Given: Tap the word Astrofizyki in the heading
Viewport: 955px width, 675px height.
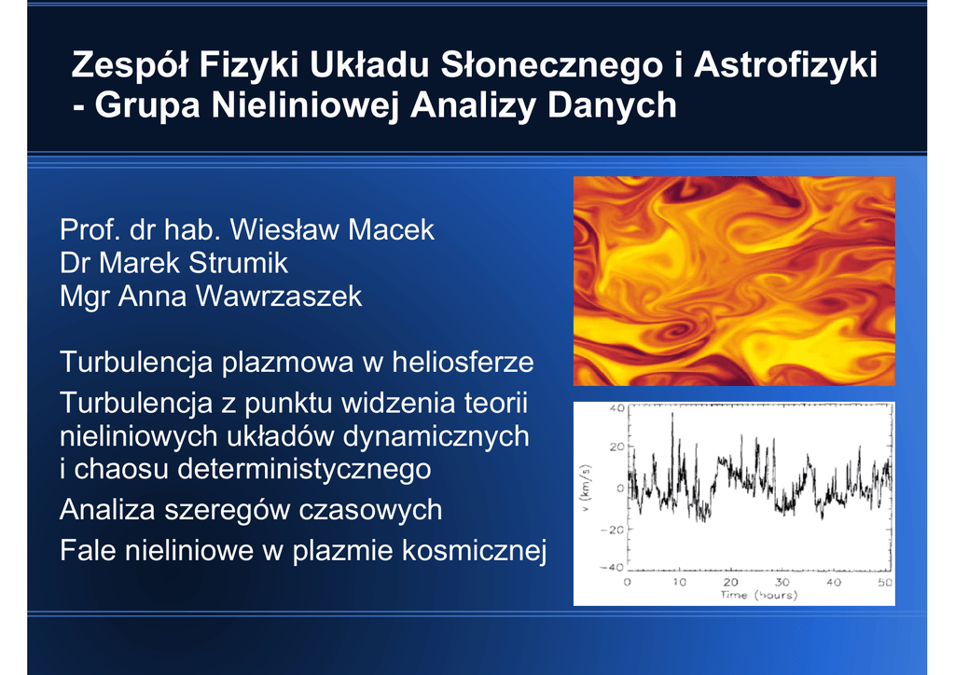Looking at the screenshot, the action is click(x=785, y=64).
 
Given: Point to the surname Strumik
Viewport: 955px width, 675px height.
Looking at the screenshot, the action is click(x=238, y=263).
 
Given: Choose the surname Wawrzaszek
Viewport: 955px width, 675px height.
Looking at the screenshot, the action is click(x=279, y=296).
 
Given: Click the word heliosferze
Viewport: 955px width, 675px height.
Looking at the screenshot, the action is click(x=463, y=362).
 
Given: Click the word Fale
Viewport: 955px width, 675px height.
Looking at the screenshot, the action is click(x=88, y=550).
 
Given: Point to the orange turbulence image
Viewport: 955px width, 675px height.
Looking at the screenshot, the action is click(x=734, y=282).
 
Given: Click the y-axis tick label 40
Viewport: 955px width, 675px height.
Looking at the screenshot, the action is click(x=617, y=408).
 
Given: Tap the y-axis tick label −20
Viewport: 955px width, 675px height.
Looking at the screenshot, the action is click(x=613, y=530).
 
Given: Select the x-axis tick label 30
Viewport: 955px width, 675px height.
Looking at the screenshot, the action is click(x=782, y=583).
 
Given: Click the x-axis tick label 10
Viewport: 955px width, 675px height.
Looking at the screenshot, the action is click(x=679, y=583).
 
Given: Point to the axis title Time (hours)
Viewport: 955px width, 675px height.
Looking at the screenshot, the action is click(x=759, y=595).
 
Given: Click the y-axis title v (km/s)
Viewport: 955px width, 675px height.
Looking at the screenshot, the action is click(x=586, y=488).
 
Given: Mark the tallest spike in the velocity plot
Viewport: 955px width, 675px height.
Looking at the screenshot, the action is click(x=672, y=415).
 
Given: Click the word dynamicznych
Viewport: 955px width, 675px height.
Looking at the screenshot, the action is click(x=436, y=436).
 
